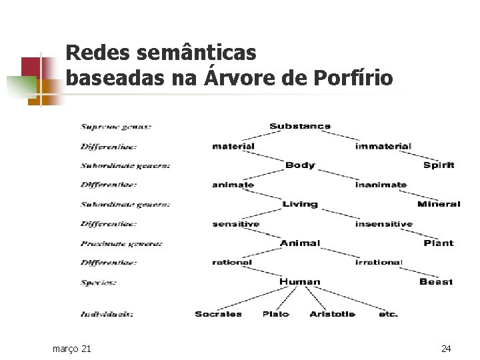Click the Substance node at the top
click(x=299, y=126)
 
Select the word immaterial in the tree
click(x=383, y=146)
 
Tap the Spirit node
click(x=438, y=165)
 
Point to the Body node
click(x=299, y=165)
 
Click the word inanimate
click(x=381, y=185)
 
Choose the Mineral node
click(x=438, y=204)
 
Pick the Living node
click(x=299, y=204)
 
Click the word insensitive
click(x=383, y=224)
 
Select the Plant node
click(x=438, y=243)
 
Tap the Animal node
click(x=300, y=243)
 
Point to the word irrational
click(x=379, y=263)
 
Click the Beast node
click(x=436, y=282)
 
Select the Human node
click(x=299, y=282)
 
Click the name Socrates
click(x=218, y=314)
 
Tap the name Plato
click(x=275, y=314)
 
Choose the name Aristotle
click(x=332, y=314)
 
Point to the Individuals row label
click(x=107, y=314)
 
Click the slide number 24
click(x=446, y=349)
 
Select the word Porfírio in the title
click(x=356, y=77)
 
